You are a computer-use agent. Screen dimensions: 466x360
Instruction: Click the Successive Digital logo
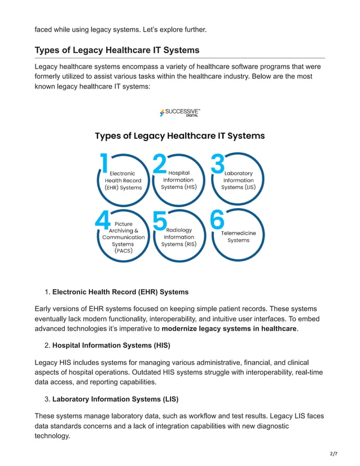179,113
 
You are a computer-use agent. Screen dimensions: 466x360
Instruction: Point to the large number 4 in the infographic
103,219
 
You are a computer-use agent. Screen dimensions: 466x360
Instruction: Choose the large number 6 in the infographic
218,219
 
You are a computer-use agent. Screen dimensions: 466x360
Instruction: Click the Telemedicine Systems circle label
238,236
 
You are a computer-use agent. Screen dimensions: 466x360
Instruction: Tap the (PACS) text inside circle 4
123,251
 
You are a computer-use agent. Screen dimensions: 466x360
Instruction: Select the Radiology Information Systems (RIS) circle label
179,237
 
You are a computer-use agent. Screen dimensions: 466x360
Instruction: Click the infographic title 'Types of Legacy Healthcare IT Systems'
179,135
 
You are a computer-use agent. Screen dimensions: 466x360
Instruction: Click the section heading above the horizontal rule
117,50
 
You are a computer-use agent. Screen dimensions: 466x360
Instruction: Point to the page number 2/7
333,454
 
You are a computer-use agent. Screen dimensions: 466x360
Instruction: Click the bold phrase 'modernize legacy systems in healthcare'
229,328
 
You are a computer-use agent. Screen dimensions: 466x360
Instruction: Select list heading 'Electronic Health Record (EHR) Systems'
120,292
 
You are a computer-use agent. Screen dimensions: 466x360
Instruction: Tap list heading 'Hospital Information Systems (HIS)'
111,345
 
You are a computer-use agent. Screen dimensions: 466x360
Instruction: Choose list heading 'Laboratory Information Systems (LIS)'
115,399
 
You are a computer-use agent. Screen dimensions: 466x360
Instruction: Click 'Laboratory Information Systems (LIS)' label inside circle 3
238,180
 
